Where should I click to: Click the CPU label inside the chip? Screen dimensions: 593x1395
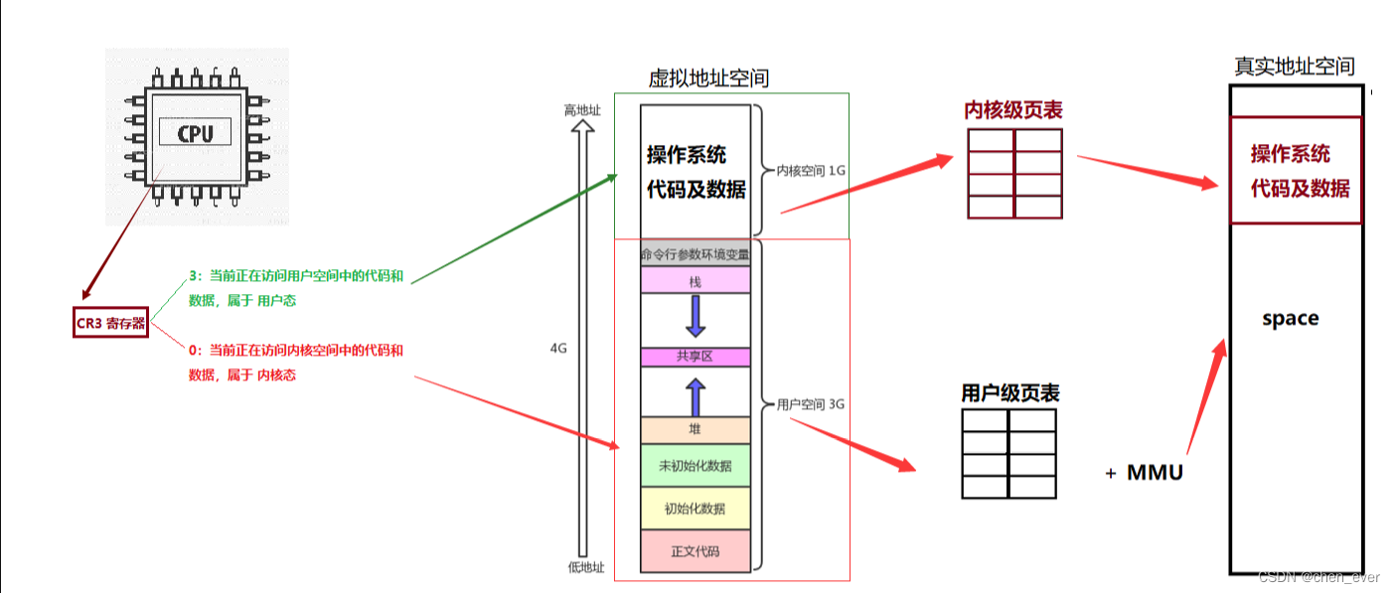(196, 133)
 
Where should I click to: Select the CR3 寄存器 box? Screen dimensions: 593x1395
(110, 322)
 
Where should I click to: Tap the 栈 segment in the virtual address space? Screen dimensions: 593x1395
(696, 282)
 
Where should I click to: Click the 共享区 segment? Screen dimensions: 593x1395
(696, 357)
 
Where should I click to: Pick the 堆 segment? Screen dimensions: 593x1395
(696, 430)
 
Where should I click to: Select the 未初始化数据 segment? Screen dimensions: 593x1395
(696, 466)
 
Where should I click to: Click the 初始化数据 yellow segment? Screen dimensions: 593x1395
(696, 509)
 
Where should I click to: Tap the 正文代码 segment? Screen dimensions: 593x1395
(696, 551)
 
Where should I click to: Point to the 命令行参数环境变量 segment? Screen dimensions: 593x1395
(696, 254)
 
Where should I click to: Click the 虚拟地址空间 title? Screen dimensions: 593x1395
(708, 78)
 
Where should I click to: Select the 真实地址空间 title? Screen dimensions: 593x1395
(1294, 67)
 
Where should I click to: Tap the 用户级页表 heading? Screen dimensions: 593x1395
(1010, 393)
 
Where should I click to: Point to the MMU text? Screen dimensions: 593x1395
(1155, 473)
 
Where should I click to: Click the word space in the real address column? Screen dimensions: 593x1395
(1290, 319)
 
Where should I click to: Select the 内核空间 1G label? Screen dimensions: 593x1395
(811, 170)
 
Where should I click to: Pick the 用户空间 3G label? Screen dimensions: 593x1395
(811, 404)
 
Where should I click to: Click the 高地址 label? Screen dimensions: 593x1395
(582, 110)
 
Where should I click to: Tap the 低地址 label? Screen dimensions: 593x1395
(585, 568)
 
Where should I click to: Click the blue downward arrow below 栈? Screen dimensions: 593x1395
(696, 316)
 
